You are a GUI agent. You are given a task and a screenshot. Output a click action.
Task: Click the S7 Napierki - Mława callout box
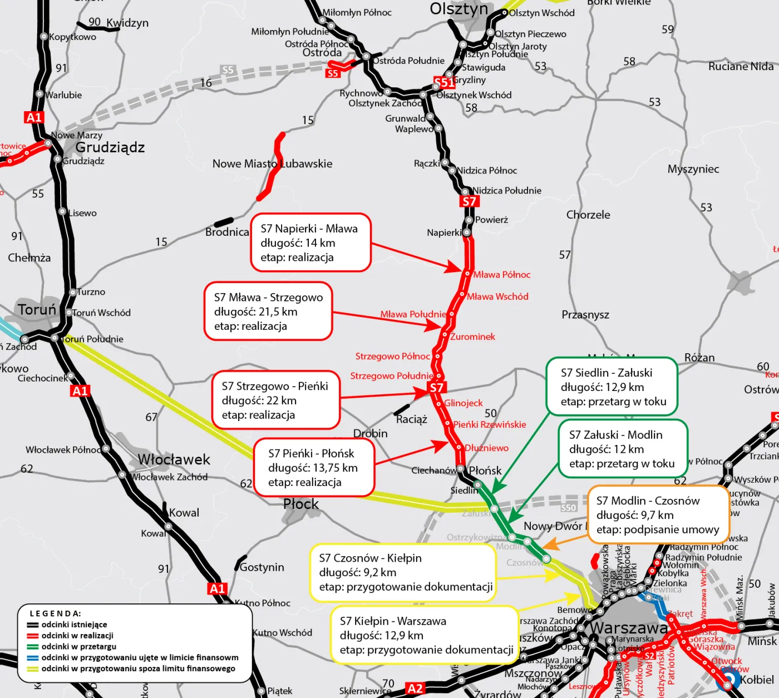[310, 242]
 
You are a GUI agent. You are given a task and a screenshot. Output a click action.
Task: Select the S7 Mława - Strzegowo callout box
[268, 311]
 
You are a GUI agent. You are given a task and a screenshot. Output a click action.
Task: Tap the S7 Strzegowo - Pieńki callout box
[275, 400]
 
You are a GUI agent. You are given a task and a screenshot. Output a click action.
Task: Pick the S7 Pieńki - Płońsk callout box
[314, 468]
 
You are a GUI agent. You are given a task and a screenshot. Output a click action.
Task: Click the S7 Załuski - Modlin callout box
[623, 449]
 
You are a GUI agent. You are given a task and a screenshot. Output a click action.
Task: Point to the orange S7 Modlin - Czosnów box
[658, 515]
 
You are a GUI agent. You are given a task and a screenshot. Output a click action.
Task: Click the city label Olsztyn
[458, 9]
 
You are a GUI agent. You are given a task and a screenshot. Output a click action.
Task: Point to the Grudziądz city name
[110, 147]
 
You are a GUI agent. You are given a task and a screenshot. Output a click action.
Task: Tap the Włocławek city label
[174, 459]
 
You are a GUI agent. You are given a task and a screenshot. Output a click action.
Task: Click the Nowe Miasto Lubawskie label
[272, 164]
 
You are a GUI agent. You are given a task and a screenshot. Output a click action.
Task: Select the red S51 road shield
[444, 83]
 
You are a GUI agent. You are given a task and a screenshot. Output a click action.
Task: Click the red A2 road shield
[415, 689]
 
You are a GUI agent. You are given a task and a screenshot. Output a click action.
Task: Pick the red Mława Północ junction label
[501, 274]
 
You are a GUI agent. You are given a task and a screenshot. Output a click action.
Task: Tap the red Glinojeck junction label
[463, 403]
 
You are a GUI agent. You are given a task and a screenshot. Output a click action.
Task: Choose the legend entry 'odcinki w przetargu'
[78, 646]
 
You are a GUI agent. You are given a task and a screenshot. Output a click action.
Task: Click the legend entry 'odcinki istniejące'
[74, 625]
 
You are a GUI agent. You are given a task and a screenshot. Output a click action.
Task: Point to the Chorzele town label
[588, 215]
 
